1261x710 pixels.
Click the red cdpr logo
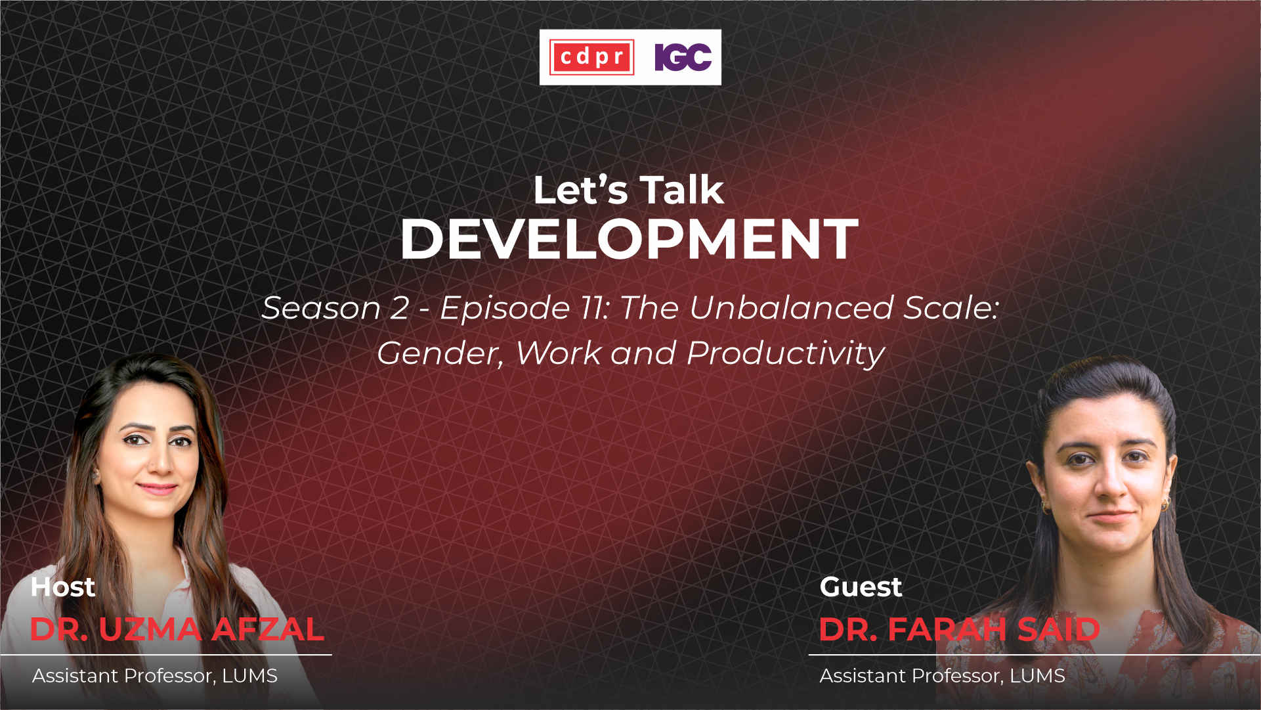[x=591, y=57]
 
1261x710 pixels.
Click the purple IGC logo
[x=683, y=57]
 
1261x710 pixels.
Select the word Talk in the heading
[x=681, y=190]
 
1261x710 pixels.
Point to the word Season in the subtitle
[x=321, y=308]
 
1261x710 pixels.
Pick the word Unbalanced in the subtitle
[x=791, y=308]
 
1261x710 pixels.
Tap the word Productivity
[x=786, y=354]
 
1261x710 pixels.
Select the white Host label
[x=63, y=587]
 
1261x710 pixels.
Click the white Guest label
[x=861, y=587]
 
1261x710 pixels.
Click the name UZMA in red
[x=150, y=629]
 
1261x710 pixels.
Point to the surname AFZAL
[x=267, y=629]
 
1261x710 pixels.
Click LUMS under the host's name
[x=249, y=676]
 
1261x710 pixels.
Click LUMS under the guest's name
[x=1037, y=676]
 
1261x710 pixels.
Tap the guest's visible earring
[x=1166, y=504]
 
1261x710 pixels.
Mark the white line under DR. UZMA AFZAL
[x=166, y=655]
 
